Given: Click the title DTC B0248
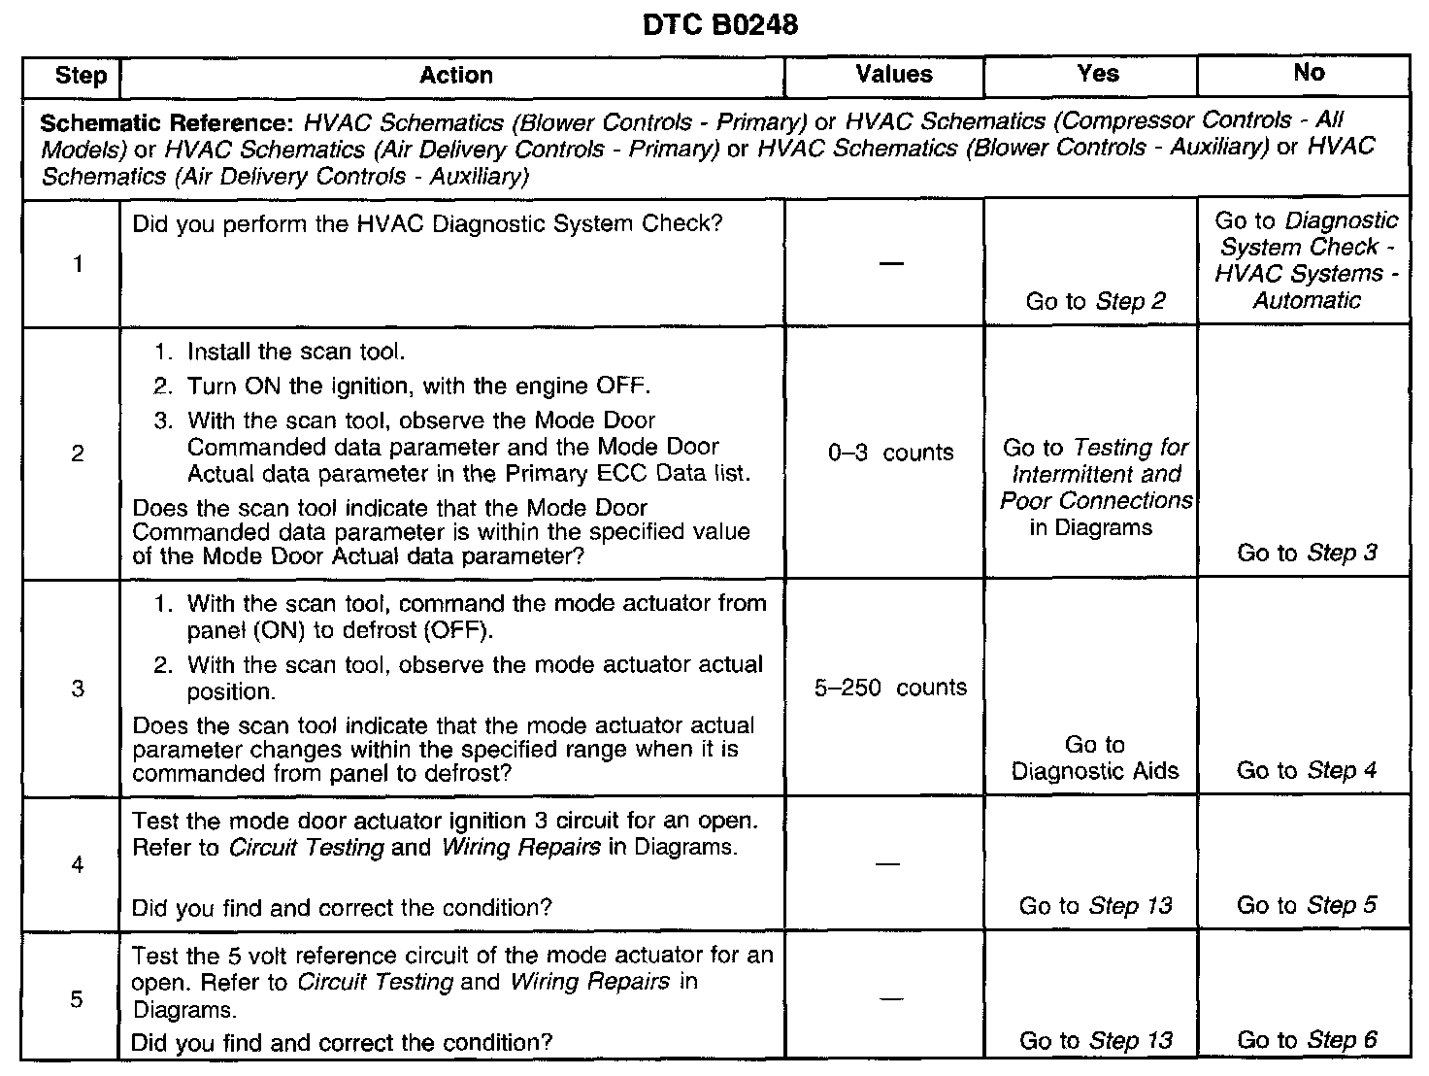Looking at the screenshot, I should pos(720,25).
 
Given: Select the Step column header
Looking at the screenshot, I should pos(82,76).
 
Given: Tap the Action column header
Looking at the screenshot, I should pos(455,76).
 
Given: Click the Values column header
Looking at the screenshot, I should pos(894,75).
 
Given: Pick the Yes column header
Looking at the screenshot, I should pos(1098,74).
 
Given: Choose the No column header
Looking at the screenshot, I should pos(1308,73).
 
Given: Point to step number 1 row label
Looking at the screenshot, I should pos(78,263).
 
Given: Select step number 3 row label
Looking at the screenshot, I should pos(78,689).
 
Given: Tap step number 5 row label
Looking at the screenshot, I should pos(77,999).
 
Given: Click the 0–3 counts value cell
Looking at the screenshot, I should pos(891,453).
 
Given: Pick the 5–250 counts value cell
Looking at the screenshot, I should pos(891,688).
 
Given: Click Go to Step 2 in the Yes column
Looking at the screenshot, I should pos(1096,301).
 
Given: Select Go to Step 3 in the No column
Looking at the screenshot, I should pos(1307,553).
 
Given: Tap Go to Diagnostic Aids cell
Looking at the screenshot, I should pos(1095,757).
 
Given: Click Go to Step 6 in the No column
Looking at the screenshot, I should pos(1307,1040).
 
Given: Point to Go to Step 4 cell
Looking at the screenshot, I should pos(1307,770).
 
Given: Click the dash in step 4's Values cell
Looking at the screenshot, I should pos(887,863).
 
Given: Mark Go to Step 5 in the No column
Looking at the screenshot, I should pos(1307,905).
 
